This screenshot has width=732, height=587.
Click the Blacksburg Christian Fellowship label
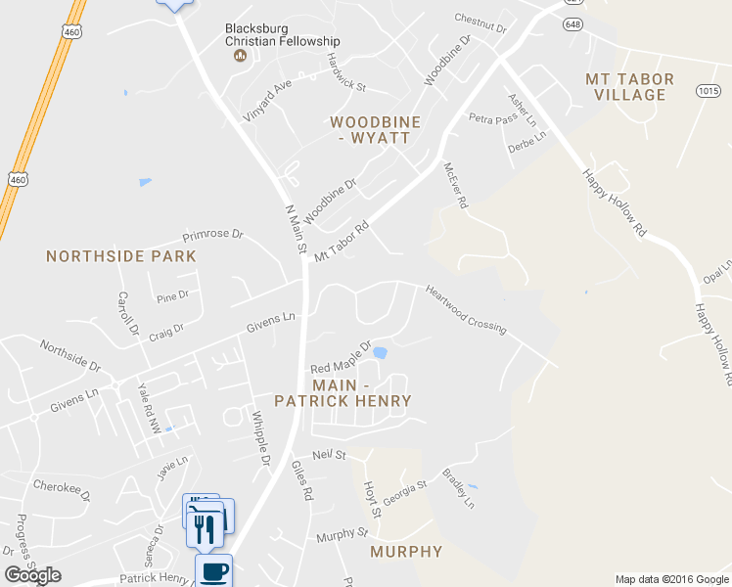pos(282,35)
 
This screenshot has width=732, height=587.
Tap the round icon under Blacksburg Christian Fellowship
pos(240,56)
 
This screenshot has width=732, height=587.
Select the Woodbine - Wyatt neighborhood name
pos(369,129)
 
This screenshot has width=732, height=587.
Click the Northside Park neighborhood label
pos(121,256)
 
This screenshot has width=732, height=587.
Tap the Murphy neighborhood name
pos(406,552)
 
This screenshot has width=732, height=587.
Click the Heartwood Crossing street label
pos(465,309)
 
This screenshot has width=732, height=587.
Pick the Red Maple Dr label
pos(341,357)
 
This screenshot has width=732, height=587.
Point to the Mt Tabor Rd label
pos(341,240)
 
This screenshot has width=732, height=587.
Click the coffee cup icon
pos(213,570)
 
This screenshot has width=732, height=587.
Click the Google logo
pos(32,575)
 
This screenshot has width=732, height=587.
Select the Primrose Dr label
pos(213,236)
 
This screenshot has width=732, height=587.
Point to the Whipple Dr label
pos(260,435)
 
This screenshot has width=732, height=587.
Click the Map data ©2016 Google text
pos(670,579)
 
